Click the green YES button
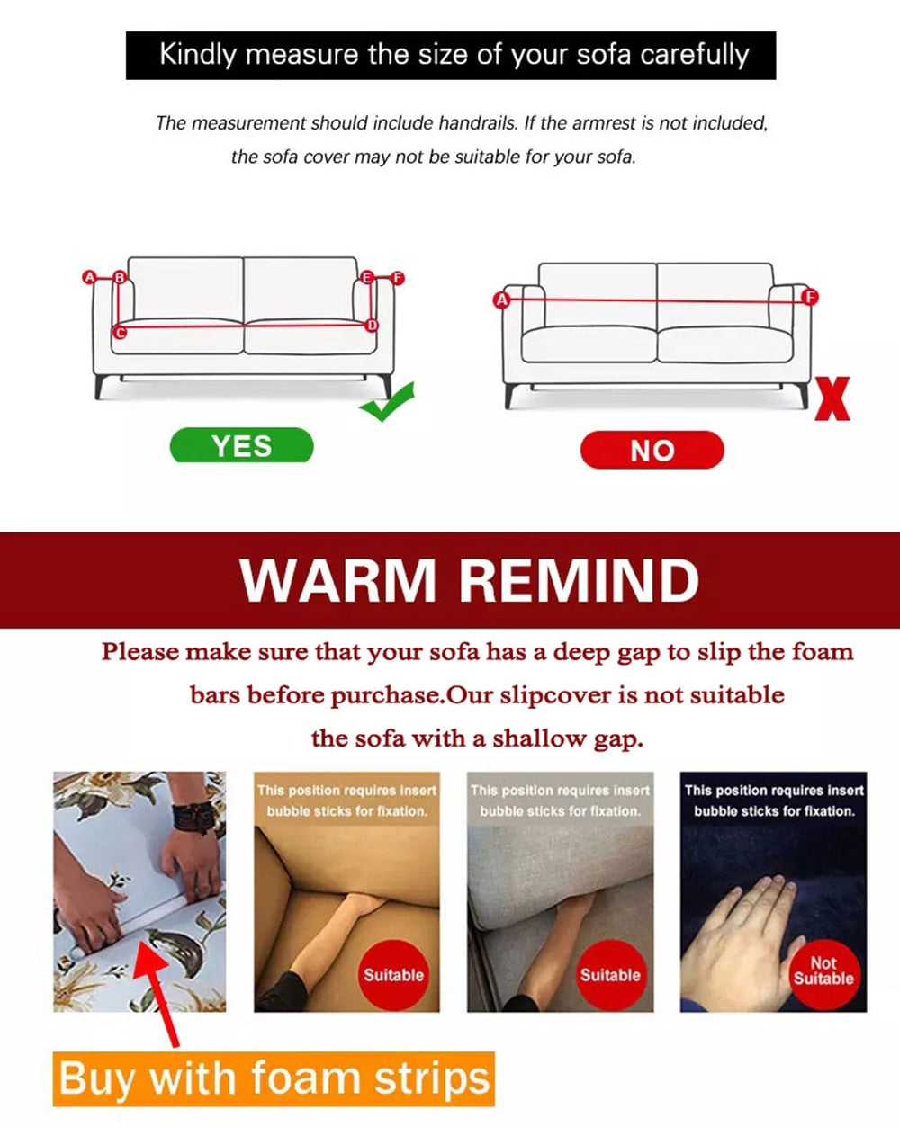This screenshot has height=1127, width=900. click(x=241, y=445)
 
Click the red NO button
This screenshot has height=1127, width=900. click(x=652, y=450)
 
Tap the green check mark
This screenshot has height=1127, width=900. click(x=387, y=402)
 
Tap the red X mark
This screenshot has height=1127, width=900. click(x=832, y=398)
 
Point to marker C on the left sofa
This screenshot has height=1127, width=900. click(x=120, y=332)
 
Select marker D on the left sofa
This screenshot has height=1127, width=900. click(x=372, y=326)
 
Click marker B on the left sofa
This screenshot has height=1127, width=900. click(x=120, y=278)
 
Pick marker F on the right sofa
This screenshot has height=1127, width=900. click(x=811, y=298)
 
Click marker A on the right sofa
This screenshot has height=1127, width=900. click(x=502, y=300)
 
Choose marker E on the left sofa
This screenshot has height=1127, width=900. click(x=367, y=278)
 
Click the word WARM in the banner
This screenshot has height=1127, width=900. click(x=337, y=580)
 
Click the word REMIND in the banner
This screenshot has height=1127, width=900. click(x=580, y=580)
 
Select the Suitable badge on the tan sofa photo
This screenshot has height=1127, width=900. click(x=393, y=975)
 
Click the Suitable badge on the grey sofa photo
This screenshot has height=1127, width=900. click(x=610, y=975)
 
